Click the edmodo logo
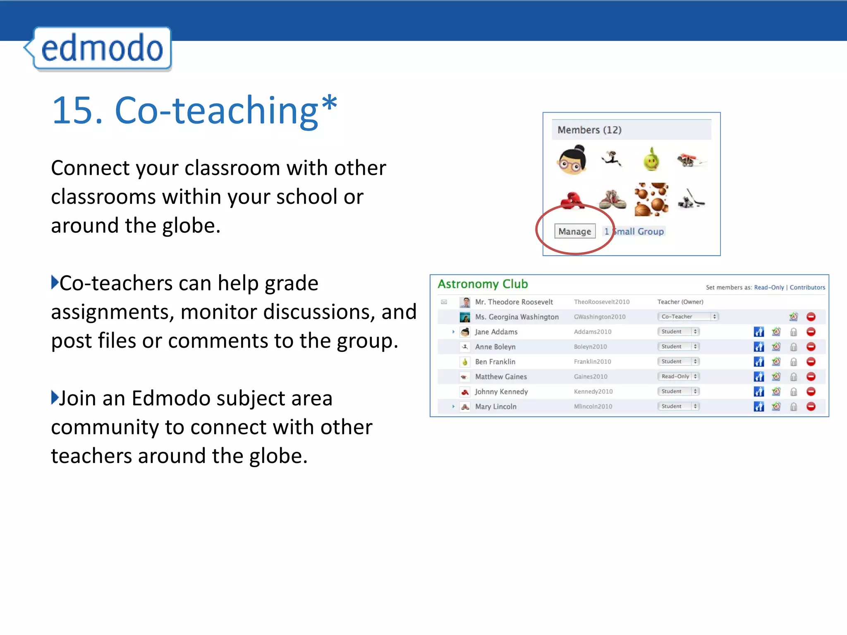[101, 48]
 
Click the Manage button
[574, 232]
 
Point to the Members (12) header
[589, 130]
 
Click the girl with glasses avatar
[572, 160]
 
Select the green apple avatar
[651, 160]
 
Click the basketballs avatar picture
[651, 200]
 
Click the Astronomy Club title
[483, 284]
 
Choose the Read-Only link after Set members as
[768, 287]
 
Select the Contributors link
[807, 287]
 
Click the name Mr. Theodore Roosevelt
[514, 302]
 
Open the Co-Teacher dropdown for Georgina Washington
[688, 317]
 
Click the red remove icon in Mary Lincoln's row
[811, 406]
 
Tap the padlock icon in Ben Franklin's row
[793, 362]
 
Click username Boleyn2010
[590, 346]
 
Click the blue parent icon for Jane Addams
[758, 332]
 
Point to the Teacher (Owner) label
[680, 302]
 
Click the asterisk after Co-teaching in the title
[329, 103]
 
